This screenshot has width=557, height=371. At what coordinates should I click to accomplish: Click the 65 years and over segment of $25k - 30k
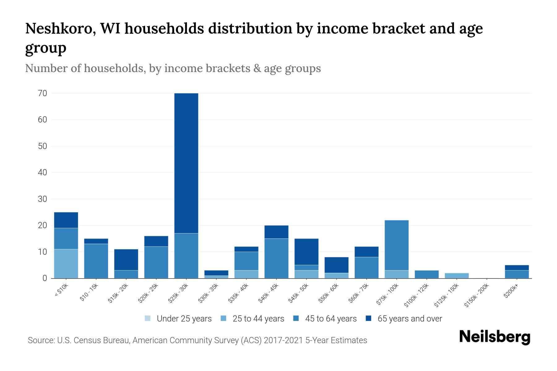point(186,163)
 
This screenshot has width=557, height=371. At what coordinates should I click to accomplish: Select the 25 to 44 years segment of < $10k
point(66,263)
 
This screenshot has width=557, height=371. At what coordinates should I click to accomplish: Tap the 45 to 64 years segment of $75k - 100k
point(396,245)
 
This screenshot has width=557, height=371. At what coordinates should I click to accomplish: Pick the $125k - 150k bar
point(457,275)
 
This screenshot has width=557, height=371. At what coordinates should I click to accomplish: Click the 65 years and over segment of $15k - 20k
point(126,260)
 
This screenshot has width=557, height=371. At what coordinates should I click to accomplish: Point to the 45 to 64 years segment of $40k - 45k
point(276,258)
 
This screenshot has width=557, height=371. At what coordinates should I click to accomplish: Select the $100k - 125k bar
point(427,274)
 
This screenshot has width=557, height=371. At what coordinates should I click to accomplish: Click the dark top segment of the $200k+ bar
point(517,268)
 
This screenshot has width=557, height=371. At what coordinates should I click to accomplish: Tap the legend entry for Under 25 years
point(178,319)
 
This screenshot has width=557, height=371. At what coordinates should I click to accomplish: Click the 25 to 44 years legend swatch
point(224,318)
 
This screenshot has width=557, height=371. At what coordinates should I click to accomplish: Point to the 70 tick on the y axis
point(43,93)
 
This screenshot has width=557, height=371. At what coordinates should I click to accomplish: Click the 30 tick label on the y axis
point(43,199)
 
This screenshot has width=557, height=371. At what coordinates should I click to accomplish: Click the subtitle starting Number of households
point(173,68)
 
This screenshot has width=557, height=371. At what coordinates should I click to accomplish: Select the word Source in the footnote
point(41,340)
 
